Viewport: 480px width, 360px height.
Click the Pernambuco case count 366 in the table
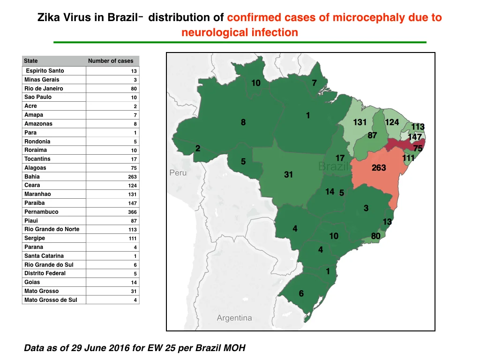[x=132, y=212]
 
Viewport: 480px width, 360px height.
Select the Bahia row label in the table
[x=32, y=177]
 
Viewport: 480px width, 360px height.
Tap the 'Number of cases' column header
[x=111, y=61]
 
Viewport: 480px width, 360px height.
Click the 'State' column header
[x=30, y=61]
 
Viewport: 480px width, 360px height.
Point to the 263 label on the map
[x=379, y=168]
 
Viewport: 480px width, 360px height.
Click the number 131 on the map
[x=360, y=122]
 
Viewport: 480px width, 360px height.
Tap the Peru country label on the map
[x=178, y=172]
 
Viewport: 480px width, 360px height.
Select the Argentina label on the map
[x=234, y=318]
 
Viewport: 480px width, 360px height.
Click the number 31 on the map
[x=288, y=174]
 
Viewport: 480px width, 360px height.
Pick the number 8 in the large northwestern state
[x=243, y=122]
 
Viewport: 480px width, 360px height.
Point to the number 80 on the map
[x=375, y=236]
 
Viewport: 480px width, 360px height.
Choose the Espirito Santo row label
[x=45, y=71]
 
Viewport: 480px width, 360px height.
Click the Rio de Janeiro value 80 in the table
[x=134, y=89]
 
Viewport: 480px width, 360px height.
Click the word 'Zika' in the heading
[x=48, y=17]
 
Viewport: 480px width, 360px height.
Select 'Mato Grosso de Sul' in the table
[x=51, y=300]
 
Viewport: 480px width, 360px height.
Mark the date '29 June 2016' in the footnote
[x=100, y=348]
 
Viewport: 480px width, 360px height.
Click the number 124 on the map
[x=392, y=122]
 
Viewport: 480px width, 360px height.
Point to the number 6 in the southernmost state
[x=301, y=293]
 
